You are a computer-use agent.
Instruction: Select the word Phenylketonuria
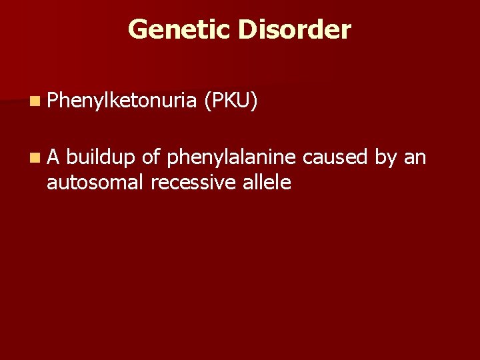(121, 101)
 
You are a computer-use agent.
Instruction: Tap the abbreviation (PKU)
(231, 101)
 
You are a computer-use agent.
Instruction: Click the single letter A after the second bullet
(53, 157)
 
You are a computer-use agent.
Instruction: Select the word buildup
(100, 157)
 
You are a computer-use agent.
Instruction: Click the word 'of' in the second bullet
(151, 157)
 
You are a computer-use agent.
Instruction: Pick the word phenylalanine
(231, 157)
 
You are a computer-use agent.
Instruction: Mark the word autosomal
(95, 181)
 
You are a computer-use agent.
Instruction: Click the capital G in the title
(137, 29)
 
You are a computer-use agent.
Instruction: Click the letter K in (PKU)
(231, 101)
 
